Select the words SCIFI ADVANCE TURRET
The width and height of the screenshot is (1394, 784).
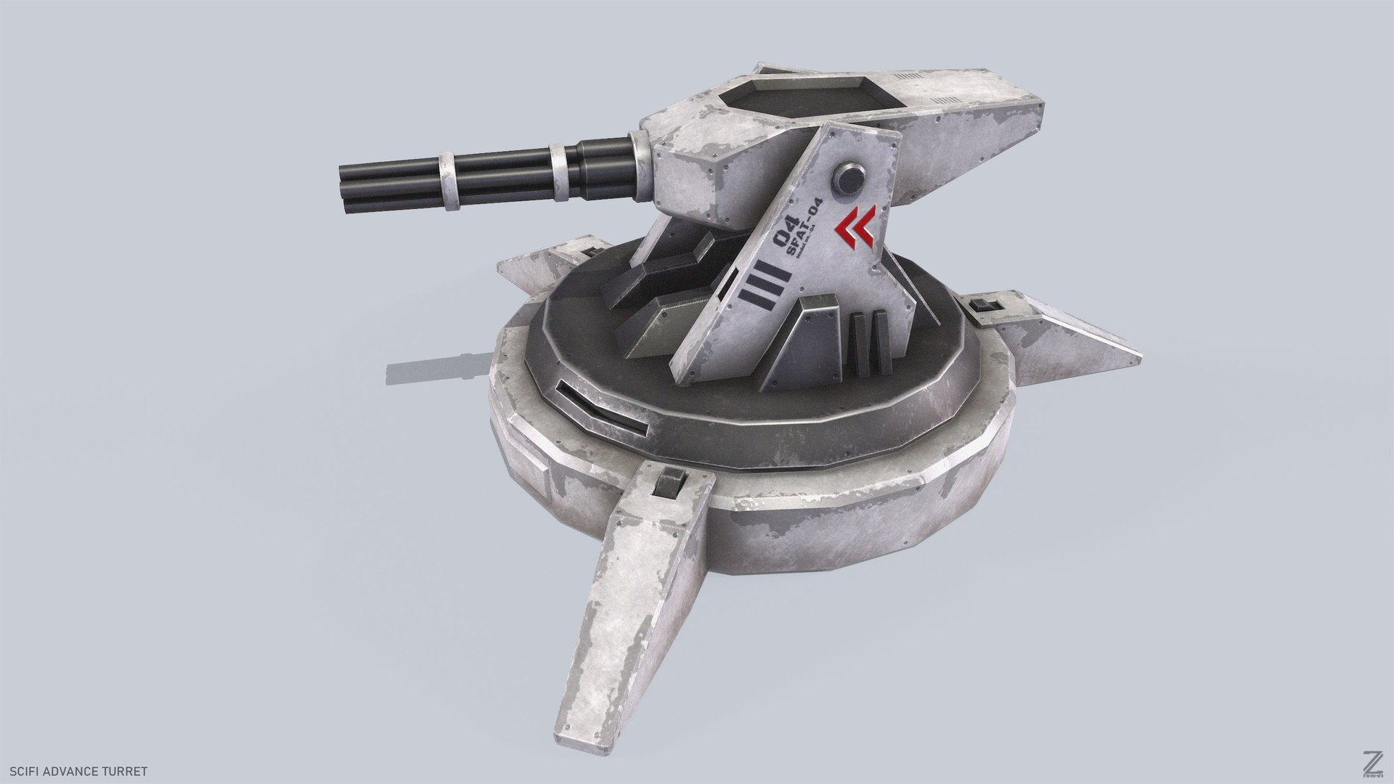[x=78, y=771]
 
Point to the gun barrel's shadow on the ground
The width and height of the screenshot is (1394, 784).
[x=436, y=366]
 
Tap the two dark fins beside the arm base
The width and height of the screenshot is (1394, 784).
[x=870, y=343]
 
